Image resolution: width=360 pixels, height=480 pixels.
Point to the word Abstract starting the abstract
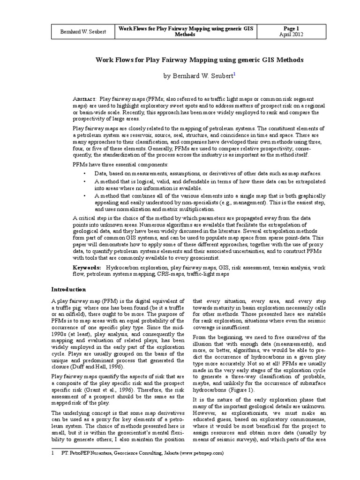[85, 100]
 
